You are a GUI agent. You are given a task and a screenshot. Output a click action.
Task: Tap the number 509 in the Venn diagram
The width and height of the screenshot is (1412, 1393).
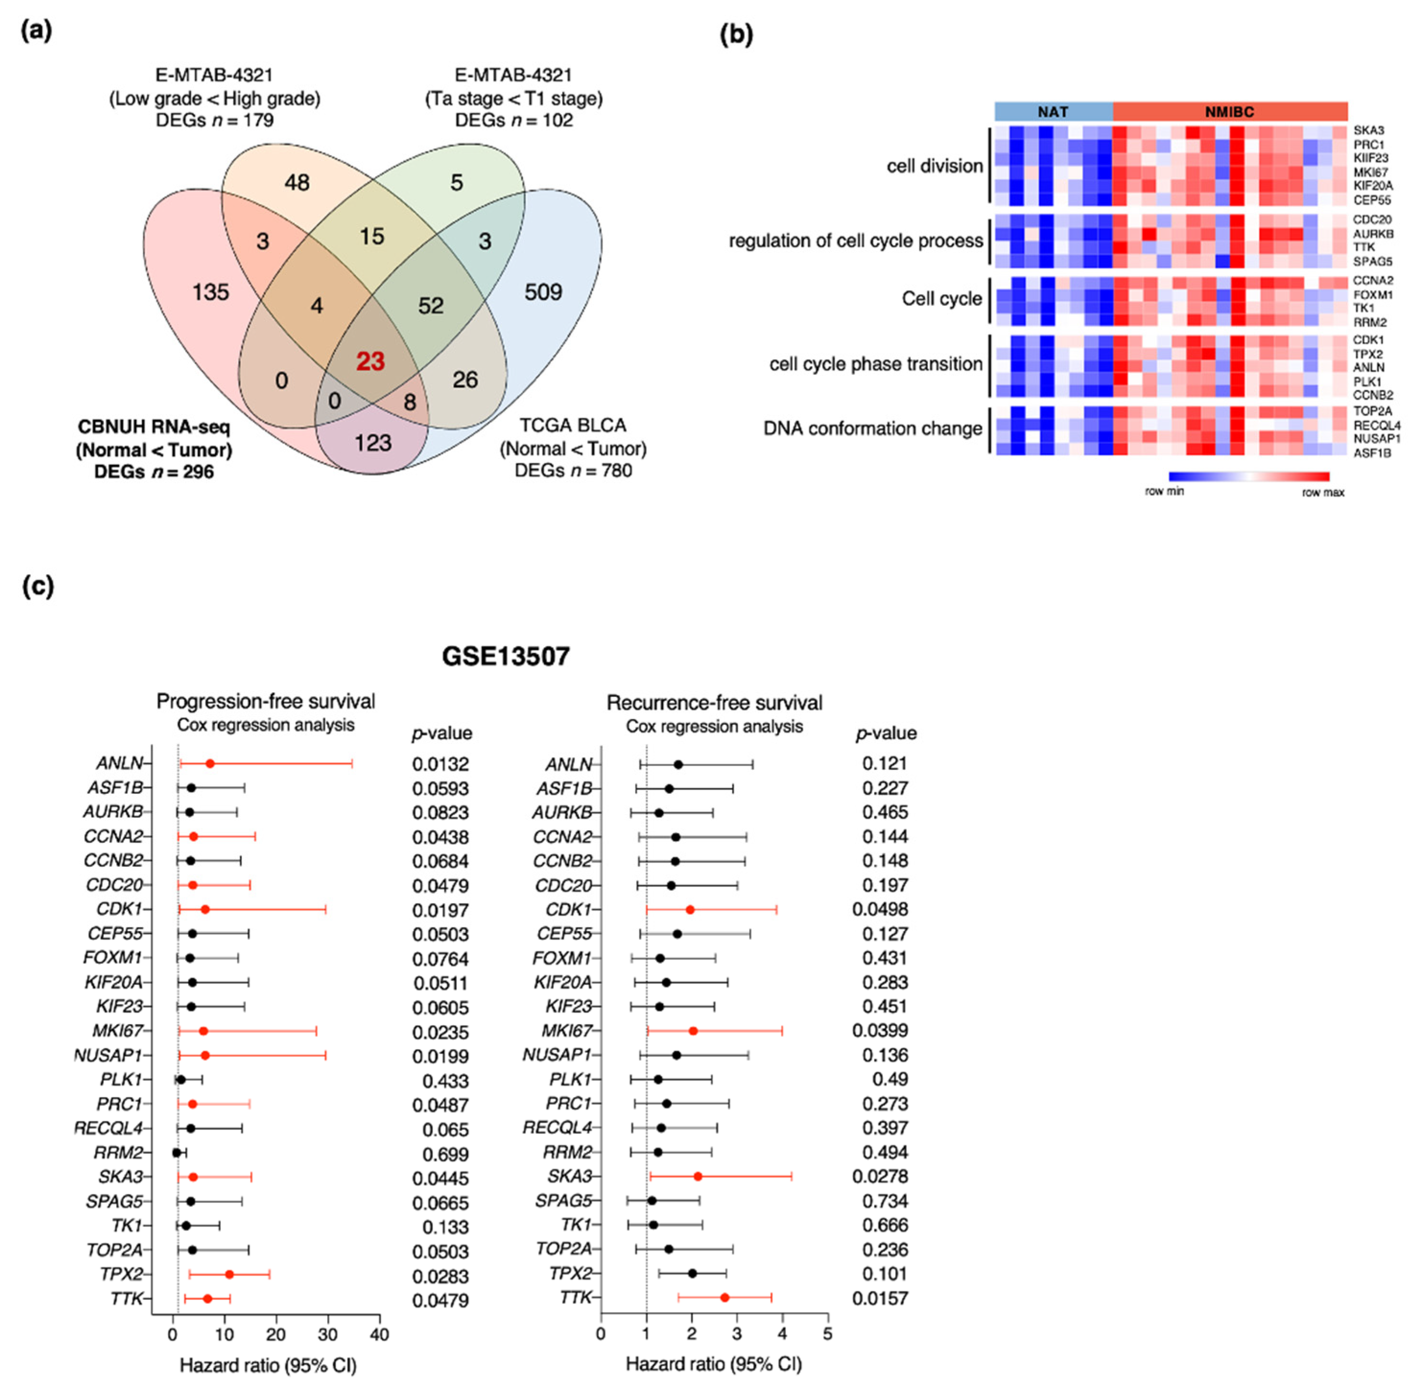(x=543, y=292)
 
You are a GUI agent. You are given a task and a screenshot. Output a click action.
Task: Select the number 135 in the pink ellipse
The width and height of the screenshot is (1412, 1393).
(x=211, y=292)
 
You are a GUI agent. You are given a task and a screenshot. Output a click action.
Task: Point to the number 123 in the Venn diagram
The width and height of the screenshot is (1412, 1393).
(x=373, y=442)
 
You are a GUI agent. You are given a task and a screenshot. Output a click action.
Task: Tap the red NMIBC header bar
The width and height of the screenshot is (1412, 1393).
(x=1229, y=112)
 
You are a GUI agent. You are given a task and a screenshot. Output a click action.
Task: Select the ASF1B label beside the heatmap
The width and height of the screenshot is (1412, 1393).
(x=1372, y=453)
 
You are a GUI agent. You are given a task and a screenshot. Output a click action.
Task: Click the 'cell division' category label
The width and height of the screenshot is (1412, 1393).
(x=934, y=166)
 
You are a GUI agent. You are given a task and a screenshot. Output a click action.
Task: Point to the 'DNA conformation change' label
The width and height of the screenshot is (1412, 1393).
(x=872, y=428)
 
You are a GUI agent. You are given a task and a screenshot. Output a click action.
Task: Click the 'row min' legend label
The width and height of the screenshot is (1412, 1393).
(x=1164, y=491)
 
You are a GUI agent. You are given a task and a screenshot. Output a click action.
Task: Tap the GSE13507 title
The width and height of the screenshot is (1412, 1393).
(x=506, y=656)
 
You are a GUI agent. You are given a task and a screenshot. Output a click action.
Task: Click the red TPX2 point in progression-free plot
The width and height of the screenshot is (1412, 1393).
(x=229, y=1274)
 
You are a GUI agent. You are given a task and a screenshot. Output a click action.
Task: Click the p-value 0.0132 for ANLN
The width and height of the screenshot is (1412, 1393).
(x=440, y=764)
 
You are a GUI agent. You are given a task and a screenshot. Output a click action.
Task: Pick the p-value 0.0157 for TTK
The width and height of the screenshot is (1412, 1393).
(x=880, y=1298)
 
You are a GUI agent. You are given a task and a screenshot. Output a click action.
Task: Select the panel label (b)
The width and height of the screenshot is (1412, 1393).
(x=736, y=35)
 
